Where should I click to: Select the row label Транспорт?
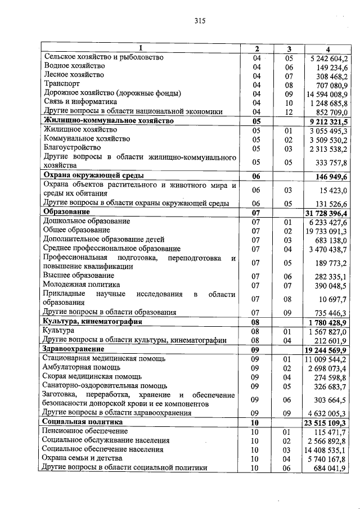pos(61,84)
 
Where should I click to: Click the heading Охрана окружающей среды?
pos(94,175)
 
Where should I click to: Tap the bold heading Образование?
pos(66,211)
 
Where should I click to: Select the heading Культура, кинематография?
pos(92,322)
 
